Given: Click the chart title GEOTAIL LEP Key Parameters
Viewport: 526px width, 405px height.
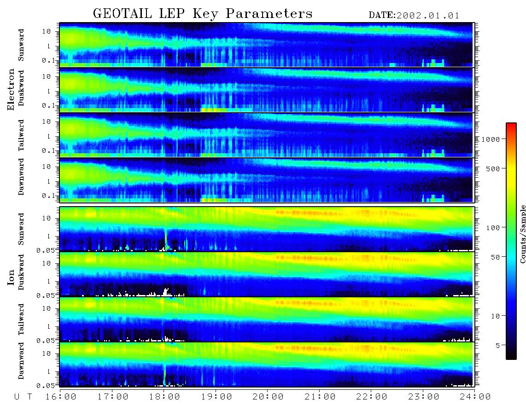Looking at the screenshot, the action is click(203, 14).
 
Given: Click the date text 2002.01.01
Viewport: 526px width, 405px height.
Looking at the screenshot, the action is click(428, 16).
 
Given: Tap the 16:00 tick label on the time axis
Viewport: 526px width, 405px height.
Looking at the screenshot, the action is click(61, 397).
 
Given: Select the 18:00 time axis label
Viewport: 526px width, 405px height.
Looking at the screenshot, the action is click(164, 397).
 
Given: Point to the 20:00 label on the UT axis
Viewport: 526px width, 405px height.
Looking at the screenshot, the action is click(268, 397).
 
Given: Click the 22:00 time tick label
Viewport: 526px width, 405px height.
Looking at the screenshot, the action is click(372, 397).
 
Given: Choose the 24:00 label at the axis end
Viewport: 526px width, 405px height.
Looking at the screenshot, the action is click(475, 397).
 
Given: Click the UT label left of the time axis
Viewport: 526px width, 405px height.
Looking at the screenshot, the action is click(23, 397).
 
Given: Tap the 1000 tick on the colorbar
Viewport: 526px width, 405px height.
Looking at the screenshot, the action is click(491, 139).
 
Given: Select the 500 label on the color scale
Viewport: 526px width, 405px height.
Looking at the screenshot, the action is click(493, 168).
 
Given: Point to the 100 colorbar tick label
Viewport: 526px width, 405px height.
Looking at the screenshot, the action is click(493, 228).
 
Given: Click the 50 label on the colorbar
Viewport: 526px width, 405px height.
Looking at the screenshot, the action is click(495, 257).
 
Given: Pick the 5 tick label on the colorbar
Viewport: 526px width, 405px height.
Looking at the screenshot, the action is click(498, 346).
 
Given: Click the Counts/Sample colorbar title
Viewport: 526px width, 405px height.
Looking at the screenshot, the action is click(522, 234).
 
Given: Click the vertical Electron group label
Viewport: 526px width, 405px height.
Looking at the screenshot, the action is click(11, 89).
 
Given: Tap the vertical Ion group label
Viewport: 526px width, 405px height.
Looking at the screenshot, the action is click(11, 278).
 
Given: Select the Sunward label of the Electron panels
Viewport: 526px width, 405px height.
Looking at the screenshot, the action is click(21, 45).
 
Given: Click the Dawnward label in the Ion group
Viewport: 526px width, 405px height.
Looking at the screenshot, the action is click(21, 360).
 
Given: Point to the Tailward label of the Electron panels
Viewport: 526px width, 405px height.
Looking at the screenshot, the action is click(21, 135).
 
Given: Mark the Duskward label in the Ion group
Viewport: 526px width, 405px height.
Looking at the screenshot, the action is click(21, 272).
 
